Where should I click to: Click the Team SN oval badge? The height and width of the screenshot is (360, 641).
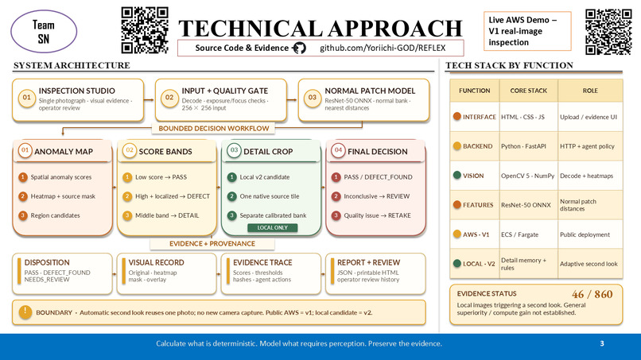pos(44,32)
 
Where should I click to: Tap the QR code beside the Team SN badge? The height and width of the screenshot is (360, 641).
pos(145,30)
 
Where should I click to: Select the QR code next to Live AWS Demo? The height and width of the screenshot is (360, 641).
pos(608,32)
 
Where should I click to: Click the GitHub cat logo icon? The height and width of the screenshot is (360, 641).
pos(300,48)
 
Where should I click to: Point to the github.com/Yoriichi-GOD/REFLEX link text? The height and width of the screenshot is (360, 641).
pos(383,48)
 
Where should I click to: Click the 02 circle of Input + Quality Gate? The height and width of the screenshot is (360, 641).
pos(169,98)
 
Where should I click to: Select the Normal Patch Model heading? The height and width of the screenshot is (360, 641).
pos(370,91)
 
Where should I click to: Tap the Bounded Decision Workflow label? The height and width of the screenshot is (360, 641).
pos(213,128)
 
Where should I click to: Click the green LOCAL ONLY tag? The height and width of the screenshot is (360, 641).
pos(272,227)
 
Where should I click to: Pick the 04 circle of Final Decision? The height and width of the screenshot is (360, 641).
pos(338,150)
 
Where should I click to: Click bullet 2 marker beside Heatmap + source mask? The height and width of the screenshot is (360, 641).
pos(23,196)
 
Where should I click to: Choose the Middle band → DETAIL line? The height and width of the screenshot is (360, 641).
pos(167,215)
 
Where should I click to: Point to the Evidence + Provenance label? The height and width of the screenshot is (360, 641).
pos(212,243)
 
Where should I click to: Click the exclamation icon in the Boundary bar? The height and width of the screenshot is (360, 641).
pos(25,312)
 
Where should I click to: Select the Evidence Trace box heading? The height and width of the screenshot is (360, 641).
pos(262,262)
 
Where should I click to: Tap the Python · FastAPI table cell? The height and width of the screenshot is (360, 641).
pos(523,146)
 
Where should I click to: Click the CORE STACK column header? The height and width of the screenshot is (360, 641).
pos(528,91)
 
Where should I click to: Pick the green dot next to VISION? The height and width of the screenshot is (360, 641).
pos(457,176)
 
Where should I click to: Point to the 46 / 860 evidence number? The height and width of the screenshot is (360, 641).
pos(592,294)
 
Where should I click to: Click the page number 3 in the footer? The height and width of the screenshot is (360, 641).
pos(602,343)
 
